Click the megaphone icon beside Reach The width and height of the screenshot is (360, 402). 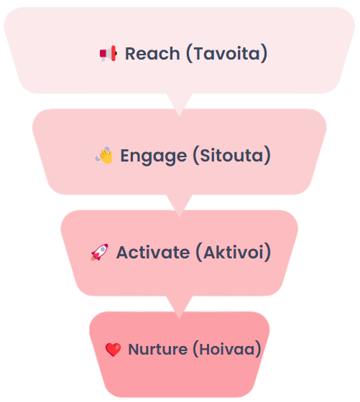109,54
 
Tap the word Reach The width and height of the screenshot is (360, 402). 152,54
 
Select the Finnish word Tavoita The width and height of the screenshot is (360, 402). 227,54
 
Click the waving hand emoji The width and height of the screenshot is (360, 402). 104,155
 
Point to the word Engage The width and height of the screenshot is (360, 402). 154,156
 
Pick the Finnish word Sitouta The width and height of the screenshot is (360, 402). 231,155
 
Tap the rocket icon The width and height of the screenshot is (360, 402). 99,252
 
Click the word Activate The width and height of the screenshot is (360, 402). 153,252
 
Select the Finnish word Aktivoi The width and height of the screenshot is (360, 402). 234,252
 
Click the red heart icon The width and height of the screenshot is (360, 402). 113,350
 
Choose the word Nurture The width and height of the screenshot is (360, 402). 158,349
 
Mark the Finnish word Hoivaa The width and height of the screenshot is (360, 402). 227,349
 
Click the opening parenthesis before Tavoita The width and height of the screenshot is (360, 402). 190,54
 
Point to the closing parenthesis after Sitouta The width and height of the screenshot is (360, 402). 267,155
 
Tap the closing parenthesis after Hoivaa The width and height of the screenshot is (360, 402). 258,349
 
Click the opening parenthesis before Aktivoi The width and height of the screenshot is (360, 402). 199,252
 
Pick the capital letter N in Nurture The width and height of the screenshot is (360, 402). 134,349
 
